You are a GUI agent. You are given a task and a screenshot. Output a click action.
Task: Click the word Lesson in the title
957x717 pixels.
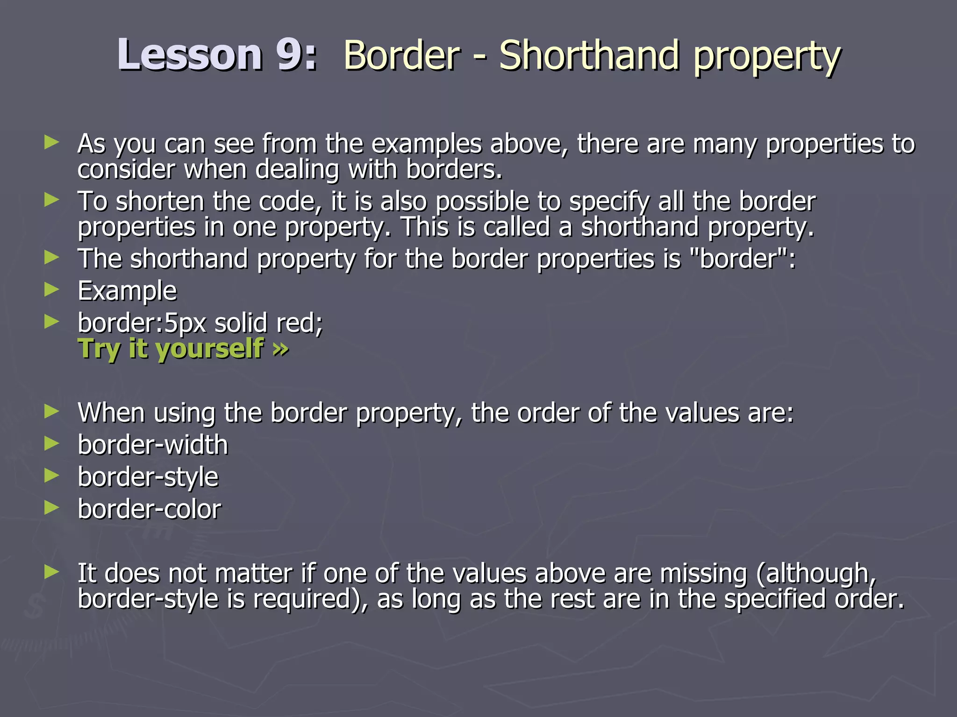190,55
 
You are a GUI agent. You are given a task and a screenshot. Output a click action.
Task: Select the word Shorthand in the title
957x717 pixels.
589,56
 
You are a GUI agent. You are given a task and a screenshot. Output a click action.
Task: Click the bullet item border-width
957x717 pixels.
153,445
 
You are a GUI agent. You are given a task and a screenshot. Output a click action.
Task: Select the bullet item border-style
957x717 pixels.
148,477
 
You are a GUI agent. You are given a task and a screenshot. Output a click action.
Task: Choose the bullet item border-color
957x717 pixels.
150,509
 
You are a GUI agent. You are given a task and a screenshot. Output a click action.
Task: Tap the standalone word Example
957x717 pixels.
127,291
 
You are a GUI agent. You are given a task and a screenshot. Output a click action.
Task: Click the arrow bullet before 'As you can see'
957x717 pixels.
52,142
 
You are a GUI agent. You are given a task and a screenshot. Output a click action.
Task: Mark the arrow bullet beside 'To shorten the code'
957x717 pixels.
52,200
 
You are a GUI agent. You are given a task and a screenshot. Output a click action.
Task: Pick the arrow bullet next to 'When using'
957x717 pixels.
52,411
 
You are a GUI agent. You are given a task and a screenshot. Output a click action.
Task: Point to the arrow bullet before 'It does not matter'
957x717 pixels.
52,572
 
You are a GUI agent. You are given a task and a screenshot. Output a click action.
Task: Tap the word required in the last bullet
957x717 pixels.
306,599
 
